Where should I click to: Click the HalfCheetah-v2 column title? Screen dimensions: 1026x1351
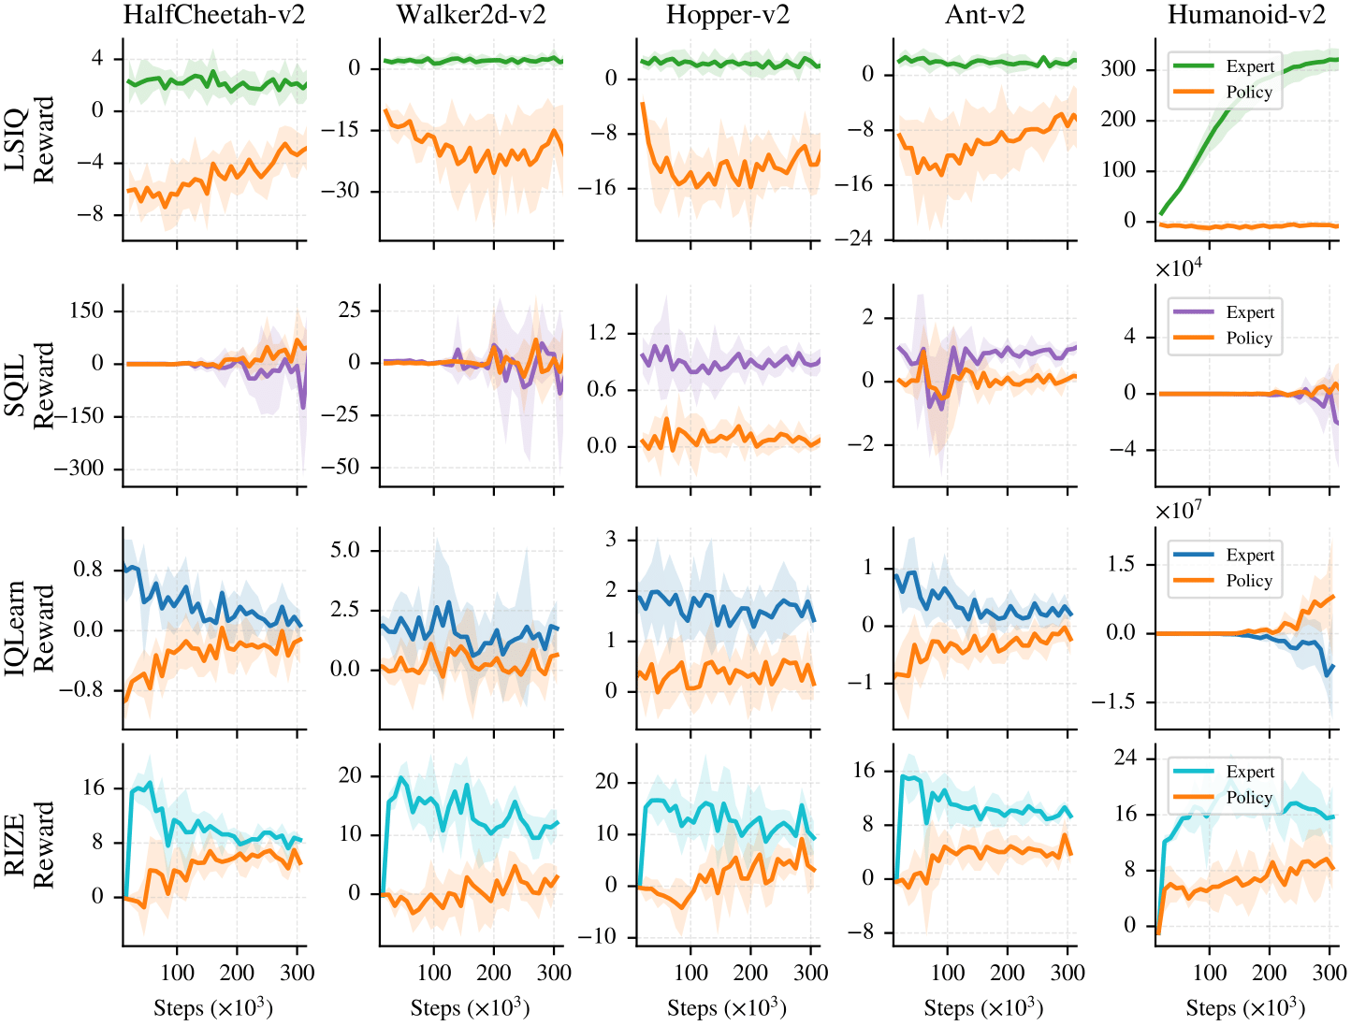(x=214, y=15)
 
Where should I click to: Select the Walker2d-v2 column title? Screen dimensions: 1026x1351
(x=471, y=15)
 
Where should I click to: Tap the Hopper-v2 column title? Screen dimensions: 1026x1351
(x=728, y=15)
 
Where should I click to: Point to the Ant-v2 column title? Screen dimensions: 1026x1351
(x=984, y=15)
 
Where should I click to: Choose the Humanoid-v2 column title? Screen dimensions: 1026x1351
(x=1246, y=15)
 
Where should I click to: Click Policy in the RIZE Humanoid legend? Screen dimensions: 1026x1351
(x=1249, y=798)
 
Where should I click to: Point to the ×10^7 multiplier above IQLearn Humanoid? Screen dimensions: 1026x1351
(x=1179, y=513)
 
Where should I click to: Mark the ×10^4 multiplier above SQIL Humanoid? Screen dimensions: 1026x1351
(x=1179, y=269)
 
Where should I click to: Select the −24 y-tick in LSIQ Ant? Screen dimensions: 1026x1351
(x=853, y=239)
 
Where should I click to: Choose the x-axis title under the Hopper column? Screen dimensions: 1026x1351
(x=727, y=1008)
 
